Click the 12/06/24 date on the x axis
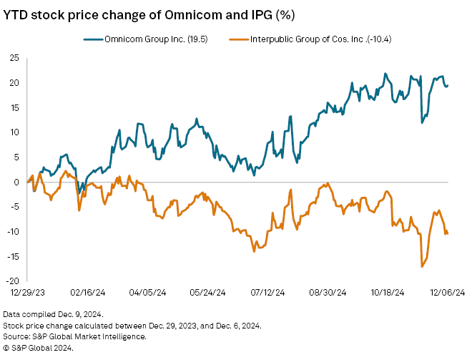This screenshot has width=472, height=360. pyautogui.click(x=448, y=293)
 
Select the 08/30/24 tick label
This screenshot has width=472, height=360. pyautogui.click(x=328, y=293)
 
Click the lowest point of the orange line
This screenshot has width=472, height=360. pyautogui.click(x=422, y=267)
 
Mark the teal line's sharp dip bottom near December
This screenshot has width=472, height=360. pyautogui.click(x=422, y=123)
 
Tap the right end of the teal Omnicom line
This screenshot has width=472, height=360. pyautogui.click(x=448, y=85)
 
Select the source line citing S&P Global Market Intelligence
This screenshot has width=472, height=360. pyautogui.click(x=75, y=336)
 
